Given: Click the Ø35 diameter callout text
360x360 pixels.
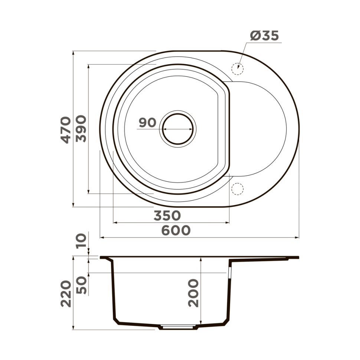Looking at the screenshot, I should [264, 36].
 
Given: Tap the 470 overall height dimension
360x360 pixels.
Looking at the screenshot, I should [66, 130].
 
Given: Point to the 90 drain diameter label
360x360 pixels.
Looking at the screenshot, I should [147, 122].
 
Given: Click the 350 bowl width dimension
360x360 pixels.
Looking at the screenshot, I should [167, 215].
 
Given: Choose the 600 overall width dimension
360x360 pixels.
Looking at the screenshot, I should [176, 230].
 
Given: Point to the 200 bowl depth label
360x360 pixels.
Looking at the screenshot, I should [193, 293].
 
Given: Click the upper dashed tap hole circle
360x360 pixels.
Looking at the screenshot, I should [237, 68].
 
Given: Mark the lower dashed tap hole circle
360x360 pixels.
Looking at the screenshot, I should [237, 189].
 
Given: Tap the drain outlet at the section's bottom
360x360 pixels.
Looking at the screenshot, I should [177, 328].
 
